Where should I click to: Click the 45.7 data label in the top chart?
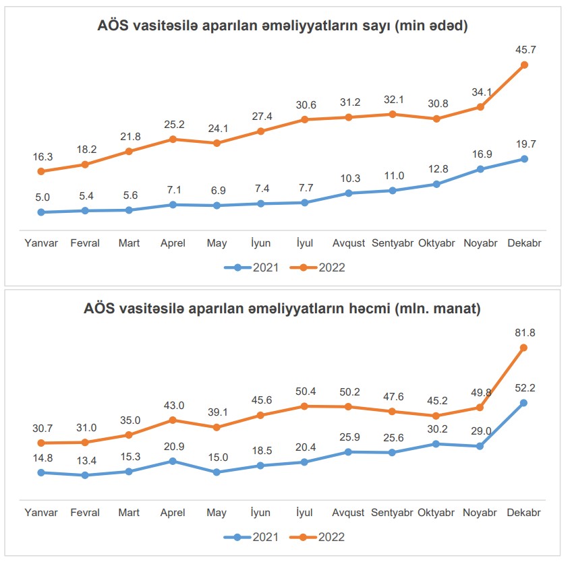click(x=524, y=49)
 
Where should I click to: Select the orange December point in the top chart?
click(x=524, y=65)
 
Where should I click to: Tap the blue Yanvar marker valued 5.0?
click(x=41, y=212)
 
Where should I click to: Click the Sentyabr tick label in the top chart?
click(x=392, y=243)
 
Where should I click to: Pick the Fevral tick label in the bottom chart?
click(x=85, y=513)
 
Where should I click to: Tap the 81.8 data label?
click(x=524, y=332)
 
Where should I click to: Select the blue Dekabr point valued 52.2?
click(x=524, y=403)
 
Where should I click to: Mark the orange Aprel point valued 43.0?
click(x=173, y=420)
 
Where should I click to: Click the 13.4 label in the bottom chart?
click(x=85, y=460)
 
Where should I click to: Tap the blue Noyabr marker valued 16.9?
click(x=480, y=169)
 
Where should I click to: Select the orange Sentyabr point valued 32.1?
click(x=392, y=114)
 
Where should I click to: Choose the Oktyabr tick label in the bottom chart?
click(x=436, y=513)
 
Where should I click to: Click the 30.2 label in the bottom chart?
click(x=436, y=429)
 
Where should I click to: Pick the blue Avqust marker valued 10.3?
click(x=348, y=193)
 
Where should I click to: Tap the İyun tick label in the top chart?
click(x=260, y=243)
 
